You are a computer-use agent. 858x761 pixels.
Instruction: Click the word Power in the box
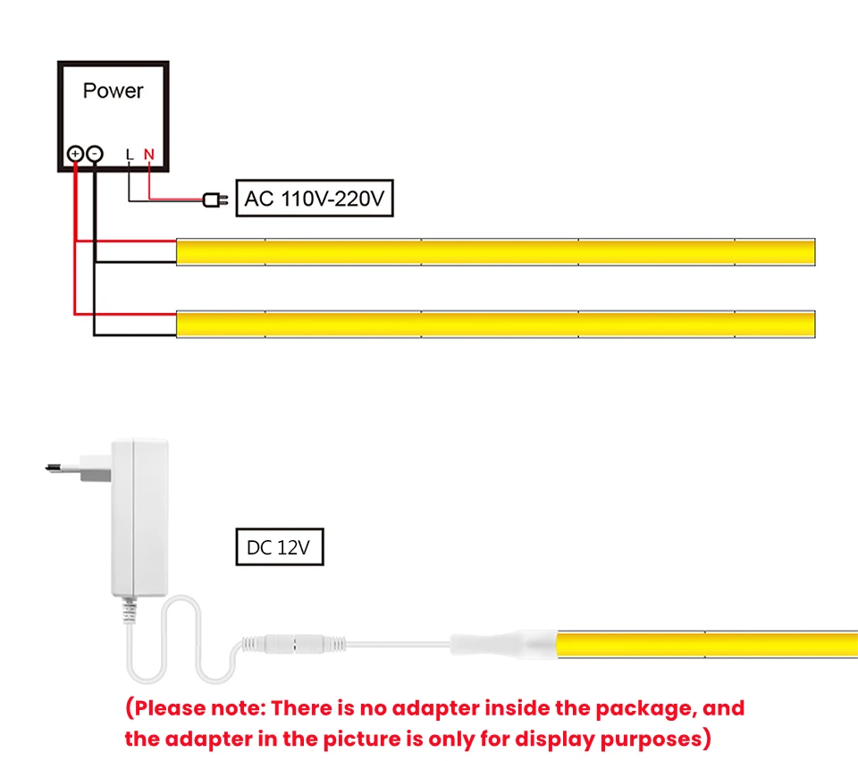pyautogui.click(x=113, y=90)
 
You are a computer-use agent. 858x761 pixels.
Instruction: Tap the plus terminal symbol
pyautogui.click(x=75, y=154)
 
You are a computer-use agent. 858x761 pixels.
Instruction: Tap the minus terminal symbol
pyautogui.click(x=94, y=154)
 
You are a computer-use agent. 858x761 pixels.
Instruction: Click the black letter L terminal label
pyautogui.click(x=130, y=155)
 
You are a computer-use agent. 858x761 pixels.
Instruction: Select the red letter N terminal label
pyautogui.click(x=148, y=155)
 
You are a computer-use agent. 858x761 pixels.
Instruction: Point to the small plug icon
pyautogui.click(x=212, y=199)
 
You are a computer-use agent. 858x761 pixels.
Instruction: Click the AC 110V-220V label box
pyautogui.click(x=313, y=199)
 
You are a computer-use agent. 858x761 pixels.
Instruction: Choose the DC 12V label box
pyautogui.click(x=279, y=547)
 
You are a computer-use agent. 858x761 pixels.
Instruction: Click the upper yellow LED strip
pyautogui.click(x=496, y=252)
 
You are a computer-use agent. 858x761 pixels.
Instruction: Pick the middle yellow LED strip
pyautogui.click(x=496, y=324)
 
